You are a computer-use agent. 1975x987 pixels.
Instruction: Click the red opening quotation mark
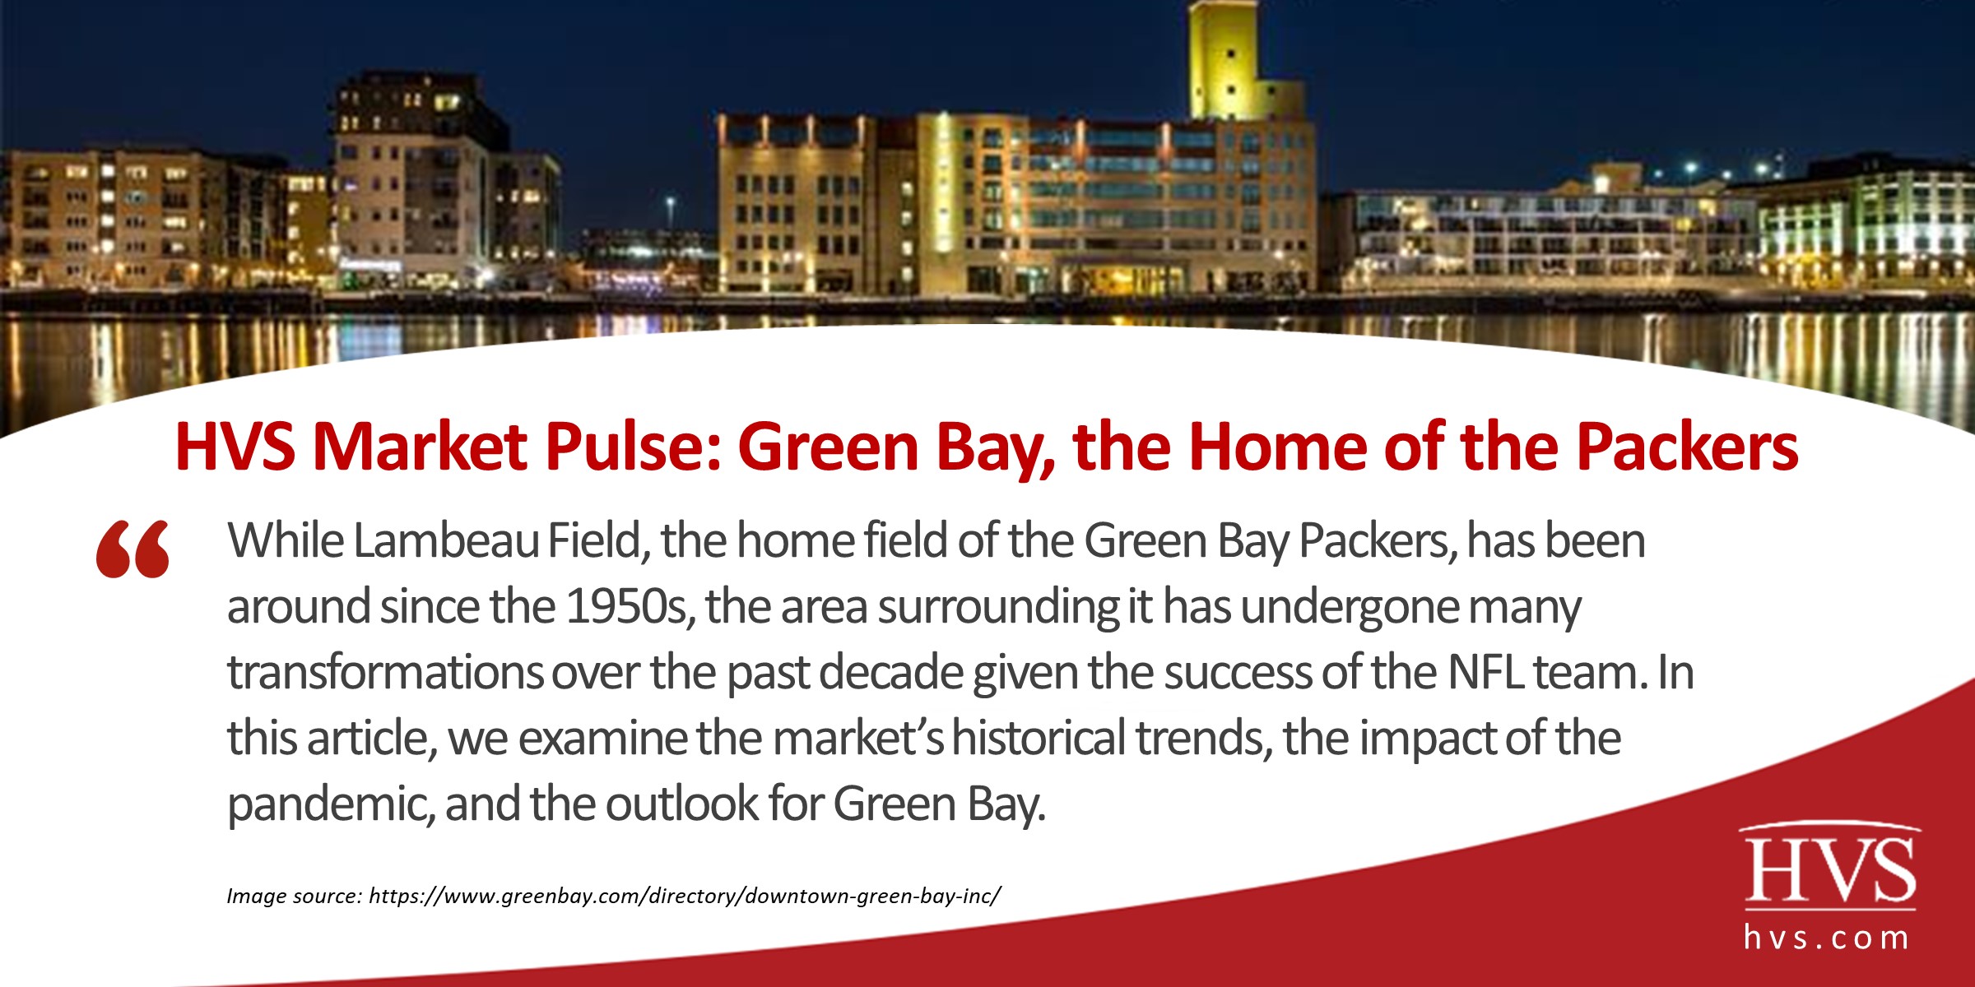[x=132, y=549]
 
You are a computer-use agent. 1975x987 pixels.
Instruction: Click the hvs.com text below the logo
[x=1827, y=938]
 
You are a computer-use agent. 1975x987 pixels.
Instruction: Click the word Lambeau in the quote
[x=447, y=541]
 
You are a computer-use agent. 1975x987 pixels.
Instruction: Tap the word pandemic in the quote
[x=330, y=804]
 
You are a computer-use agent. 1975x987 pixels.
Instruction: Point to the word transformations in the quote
[x=385, y=673]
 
